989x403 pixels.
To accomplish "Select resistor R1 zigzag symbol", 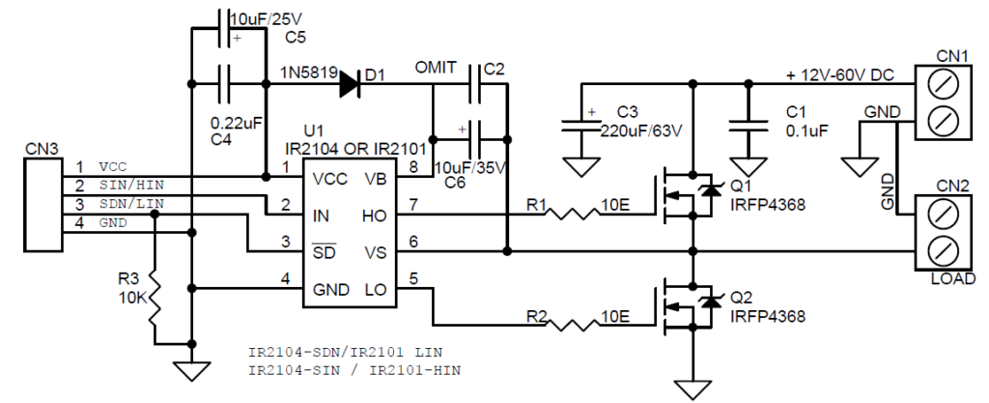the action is tap(571, 215).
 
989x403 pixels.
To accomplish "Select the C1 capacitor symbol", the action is tap(749, 127).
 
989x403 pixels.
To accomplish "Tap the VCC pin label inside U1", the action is tap(330, 179).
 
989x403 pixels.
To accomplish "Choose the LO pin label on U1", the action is tap(376, 290).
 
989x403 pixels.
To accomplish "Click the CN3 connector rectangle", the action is tap(42, 204).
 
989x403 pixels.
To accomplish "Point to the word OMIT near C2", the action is tap(436, 68).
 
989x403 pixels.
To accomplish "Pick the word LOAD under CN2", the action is tap(953, 278).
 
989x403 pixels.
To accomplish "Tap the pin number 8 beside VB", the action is tap(413, 167).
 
